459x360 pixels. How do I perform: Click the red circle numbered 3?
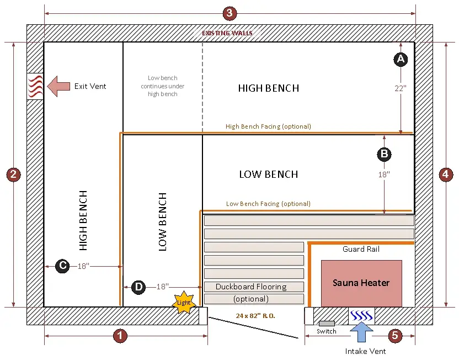(230, 13)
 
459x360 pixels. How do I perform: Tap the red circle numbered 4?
(446, 174)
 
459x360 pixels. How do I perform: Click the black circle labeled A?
(401, 59)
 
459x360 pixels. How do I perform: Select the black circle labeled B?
(384, 154)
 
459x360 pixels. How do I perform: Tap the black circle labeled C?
(63, 266)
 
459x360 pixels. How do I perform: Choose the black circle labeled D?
(139, 287)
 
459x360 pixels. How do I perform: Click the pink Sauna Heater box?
(361, 283)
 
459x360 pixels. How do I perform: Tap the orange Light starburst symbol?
(183, 303)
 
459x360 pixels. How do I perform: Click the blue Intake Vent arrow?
(361, 333)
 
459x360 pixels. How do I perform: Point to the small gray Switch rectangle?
(327, 323)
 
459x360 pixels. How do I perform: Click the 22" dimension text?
(401, 88)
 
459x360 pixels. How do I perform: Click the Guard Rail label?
(361, 250)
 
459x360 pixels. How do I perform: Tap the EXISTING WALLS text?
(227, 33)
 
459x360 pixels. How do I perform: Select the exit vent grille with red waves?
(35, 86)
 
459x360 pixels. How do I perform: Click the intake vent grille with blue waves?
(361, 316)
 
